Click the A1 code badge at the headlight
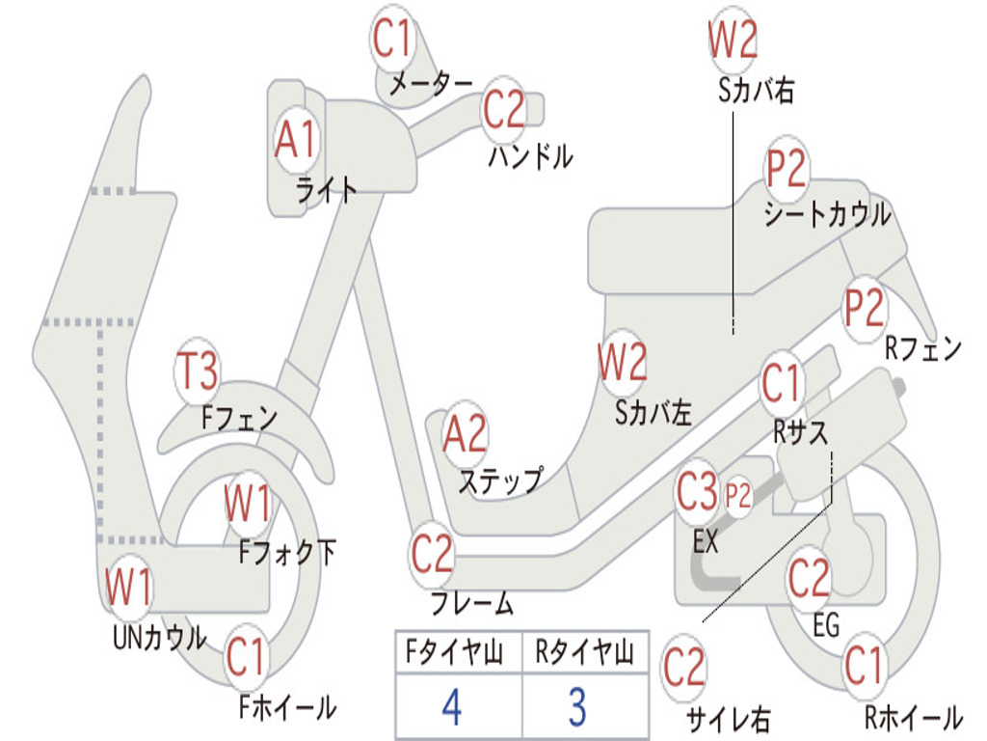click(x=295, y=141)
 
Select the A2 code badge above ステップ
click(x=465, y=434)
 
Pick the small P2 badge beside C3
click(x=738, y=497)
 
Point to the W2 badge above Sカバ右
click(x=733, y=41)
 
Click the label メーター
click(x=430, y=85)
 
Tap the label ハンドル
click(x=530, y=156)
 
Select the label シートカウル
click(x=827, y=215)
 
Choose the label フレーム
click(x=471, y=605)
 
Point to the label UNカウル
click(x=159, y=638)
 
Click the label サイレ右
click(x=728, y=719)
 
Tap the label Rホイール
click(x=912, y=718)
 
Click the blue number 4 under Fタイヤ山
click(x=451, y=708)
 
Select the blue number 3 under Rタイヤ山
click(x=576, y=708)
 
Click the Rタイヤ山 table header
click(x=584, y=654)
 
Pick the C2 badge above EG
click(x=809, y=579)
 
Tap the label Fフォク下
click(x=287, y=553)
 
